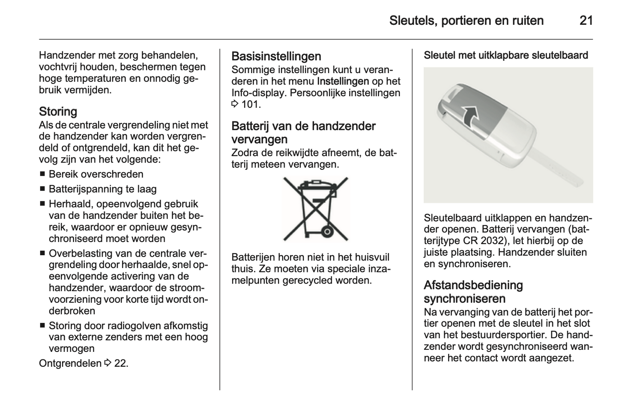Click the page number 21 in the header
(x=586, y=21)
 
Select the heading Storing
(x=58, y=112)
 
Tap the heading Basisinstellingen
(x=276, y=56)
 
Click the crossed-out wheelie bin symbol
(x=316, y=209)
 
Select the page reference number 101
(x=251, y=104)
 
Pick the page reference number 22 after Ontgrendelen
(x=121, y=363)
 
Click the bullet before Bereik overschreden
(x=42, y=174)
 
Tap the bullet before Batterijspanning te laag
(x=42, y=189)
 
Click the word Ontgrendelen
(x=70, y=363)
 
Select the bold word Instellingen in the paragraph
(x=343, y=81)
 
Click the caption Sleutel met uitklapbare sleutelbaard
(x=505, y=55)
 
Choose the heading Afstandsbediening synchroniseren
(x=473, y=292)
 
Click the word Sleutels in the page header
(x=412, y=21)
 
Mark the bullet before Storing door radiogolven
(x=42, y=325)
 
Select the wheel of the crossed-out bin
(x=327, y=232)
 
